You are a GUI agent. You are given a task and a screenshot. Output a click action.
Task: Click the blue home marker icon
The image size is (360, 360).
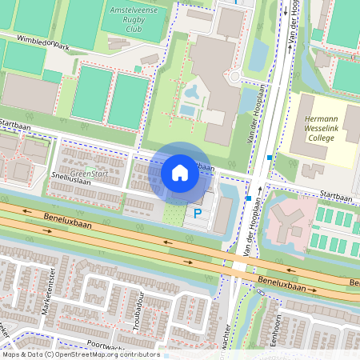click(x=180, y=173)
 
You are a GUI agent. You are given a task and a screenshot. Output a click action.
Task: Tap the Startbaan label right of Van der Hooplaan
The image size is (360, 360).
click(x=335, y=194)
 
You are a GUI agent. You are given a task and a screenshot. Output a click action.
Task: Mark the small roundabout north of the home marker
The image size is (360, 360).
click(x=235, y=78)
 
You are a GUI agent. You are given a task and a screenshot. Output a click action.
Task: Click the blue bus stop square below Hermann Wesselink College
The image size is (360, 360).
click(x=270, y=158)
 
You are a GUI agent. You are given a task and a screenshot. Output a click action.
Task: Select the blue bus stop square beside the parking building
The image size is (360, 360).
click(x=250, y=198)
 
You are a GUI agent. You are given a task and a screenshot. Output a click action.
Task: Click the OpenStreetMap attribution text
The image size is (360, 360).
click(x=80, y=354)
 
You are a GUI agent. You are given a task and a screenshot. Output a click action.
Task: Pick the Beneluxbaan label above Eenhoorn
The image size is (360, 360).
click(x=283, y=283)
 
